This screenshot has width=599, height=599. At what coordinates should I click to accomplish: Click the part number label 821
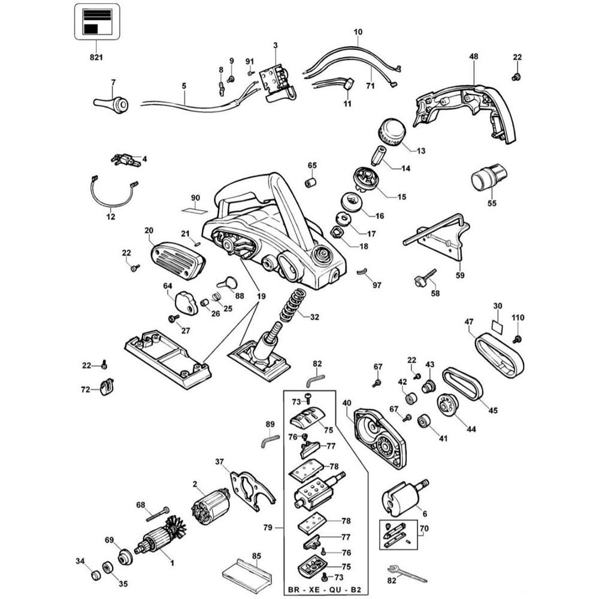coord(96,58)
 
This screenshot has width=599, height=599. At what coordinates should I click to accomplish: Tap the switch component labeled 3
coord(277,82)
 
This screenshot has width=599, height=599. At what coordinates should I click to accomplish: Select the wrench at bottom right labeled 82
coord(407,573)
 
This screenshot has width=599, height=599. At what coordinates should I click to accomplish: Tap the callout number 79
coord(267,528)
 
